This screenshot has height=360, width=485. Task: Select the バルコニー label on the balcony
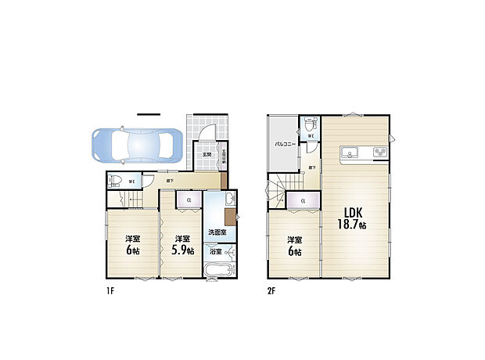[283, 145]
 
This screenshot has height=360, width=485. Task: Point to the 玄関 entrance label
[207, 154]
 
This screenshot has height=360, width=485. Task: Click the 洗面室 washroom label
[217, 232]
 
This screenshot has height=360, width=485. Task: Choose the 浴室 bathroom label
[214, 252]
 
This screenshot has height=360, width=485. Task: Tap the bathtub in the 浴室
[217, 271]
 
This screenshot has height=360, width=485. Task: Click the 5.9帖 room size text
[183, 250]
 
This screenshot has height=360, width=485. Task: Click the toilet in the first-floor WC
[115, 181]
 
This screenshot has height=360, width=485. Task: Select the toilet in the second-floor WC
[311, 124]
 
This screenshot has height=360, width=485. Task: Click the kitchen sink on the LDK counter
[350, 151]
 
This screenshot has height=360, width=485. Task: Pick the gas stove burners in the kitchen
[381, 152]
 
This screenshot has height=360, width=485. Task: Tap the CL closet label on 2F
[302, 203]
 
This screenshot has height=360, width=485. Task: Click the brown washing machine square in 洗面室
[229, 217]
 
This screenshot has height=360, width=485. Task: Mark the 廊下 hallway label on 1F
[170, 182]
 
